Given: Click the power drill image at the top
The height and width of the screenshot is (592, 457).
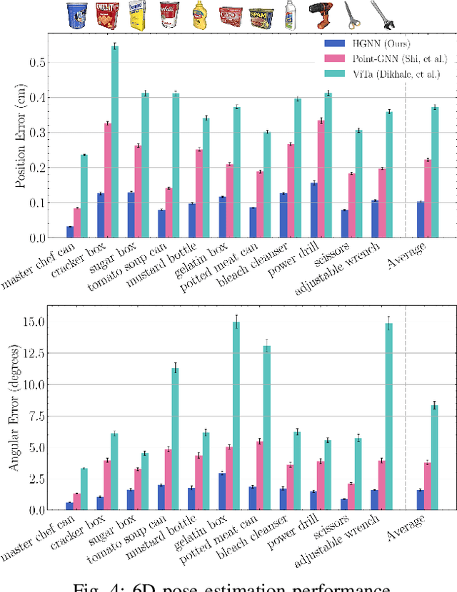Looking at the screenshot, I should coord(320,15).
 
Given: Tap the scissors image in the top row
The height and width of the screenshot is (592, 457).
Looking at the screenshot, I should coord(351,15).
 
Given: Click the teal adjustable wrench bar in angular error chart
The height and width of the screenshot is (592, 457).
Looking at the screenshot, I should coord(388,417).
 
